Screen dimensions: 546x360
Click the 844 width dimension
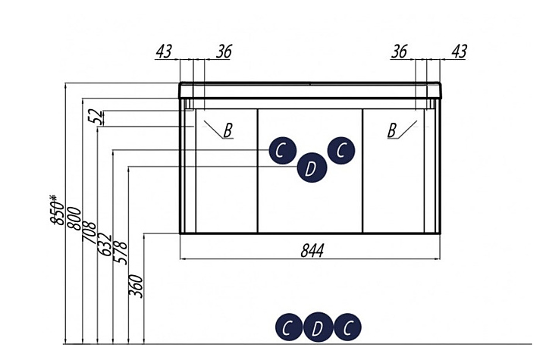(x=312, y=250)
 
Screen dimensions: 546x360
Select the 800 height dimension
(x=74, y=218)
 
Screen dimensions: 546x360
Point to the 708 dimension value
(x=89, y=231)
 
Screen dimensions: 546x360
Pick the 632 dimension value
(x=104, y=245)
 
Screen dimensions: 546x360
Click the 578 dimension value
(x=120, y=253)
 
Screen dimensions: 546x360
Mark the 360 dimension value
(x=136, y=286)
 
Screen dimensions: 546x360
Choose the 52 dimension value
(x=96, y=117)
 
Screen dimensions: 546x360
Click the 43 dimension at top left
(x=164, y=52)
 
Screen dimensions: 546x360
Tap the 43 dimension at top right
(x=459, y=52)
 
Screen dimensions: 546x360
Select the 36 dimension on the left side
(x=224, y=52)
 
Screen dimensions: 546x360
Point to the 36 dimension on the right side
(x=399, y=52)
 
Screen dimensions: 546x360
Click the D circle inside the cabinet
(x=312, y=167)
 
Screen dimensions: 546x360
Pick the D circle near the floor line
(x=318, y=327)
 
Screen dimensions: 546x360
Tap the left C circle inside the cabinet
(x=282, y=150)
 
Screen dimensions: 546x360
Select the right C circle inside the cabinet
(x=341, y=150)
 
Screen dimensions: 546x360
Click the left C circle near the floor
(x=289, y=327)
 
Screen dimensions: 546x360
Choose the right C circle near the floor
(x=347, y=327)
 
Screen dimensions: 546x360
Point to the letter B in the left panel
(x=227, y=130)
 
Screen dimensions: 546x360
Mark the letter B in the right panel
(x=392, y=130)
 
